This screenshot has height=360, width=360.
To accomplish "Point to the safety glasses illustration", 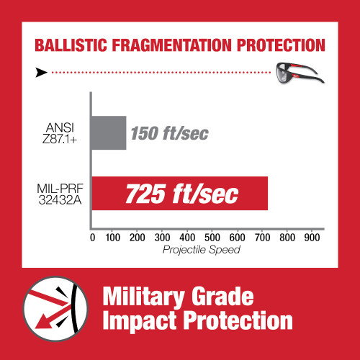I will coord(292,71).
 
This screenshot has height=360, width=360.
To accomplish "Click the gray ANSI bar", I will coord(108,133).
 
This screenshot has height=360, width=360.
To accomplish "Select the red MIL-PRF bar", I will coord(179,194).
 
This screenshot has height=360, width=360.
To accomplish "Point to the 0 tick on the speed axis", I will coord(91,238).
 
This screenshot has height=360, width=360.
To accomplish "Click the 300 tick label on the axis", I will coord(162,238).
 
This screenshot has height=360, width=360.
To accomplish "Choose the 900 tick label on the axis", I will coord(311,238).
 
